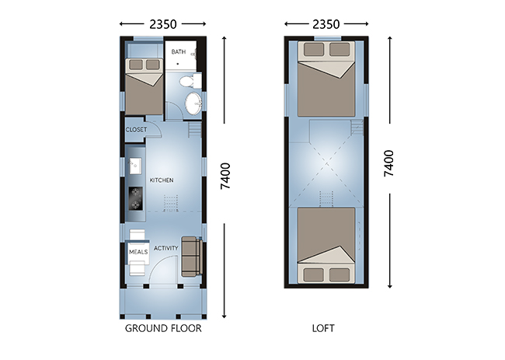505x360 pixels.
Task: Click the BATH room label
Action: pos(179,52)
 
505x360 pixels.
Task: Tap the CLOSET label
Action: pos(136,130)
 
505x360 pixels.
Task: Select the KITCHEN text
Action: pos(162,180)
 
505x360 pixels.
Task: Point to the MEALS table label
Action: pos(138,252)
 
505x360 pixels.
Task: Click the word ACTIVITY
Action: pos(165,248)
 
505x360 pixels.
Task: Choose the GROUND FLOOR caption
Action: pos(163,328)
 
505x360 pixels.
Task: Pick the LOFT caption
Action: pos(323,328)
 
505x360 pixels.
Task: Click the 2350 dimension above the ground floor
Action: pos(163,24)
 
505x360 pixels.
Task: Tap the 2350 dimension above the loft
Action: pos(326,24)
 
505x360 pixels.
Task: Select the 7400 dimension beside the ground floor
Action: pos(225,176)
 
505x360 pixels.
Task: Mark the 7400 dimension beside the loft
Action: pos(389,163)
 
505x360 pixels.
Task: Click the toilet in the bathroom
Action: pos(190,81)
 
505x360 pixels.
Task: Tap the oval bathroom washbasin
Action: pos(193,103)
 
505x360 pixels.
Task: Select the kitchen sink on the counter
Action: pos(136,166)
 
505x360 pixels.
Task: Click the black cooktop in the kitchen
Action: pos(136,198)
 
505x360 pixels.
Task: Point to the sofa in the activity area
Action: pos(192,257)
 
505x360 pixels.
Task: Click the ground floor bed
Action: pos(144,86)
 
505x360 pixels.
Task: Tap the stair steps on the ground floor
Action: pos(195,129)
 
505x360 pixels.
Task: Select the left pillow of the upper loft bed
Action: pos(314,50)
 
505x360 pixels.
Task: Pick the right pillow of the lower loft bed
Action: pos(340,275)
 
